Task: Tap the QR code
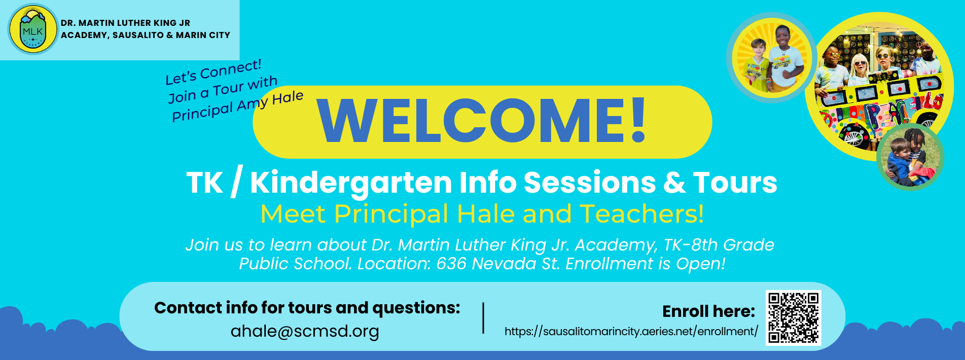(793, 318)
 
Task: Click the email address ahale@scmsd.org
(305, 332)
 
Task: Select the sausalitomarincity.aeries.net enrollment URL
(631, 332)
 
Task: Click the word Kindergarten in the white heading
(351, 184)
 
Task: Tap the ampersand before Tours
(674, 183)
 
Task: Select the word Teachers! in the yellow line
(642, 213)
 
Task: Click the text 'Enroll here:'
(708, 311)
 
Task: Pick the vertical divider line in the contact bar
(483, 318)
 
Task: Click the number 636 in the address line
(451, 264)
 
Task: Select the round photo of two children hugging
(910, 157)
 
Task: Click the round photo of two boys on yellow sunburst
(772, 57)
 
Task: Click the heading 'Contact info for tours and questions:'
(307, 308)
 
